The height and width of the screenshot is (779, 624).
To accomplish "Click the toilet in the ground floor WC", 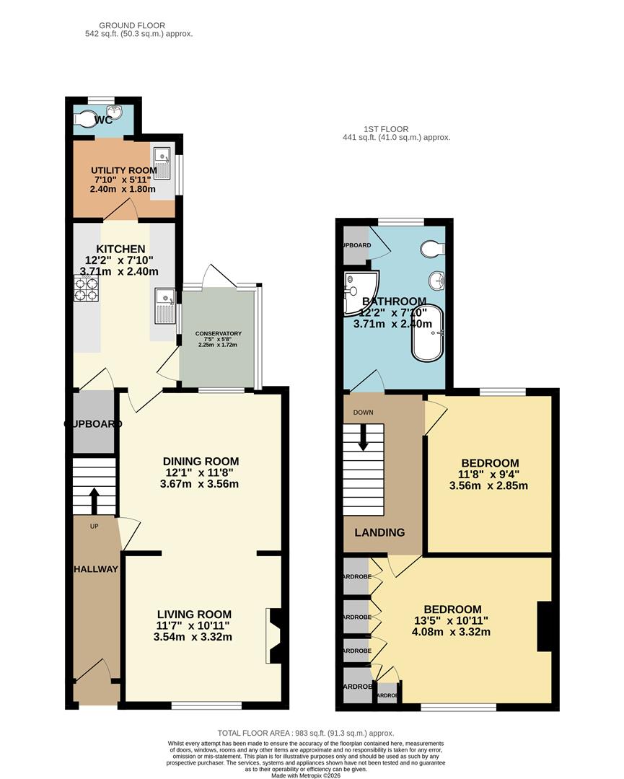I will pyautogui.click(x=86, y=118).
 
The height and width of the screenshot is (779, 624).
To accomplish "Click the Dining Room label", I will pyautogui.click(x=201, y=462).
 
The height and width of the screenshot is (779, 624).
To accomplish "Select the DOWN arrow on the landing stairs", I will pyautogui.click(x=364, y=437).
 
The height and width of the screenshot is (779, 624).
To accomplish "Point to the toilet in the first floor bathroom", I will pyautogui.click(x=433, y=248).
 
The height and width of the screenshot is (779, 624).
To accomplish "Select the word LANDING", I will pyautogui.click(x=379, y=532).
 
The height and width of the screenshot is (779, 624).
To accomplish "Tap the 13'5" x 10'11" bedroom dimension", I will pyautogui.click(x=452, y=620).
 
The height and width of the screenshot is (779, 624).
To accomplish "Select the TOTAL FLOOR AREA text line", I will pyautogui.click(x=307, y=732).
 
